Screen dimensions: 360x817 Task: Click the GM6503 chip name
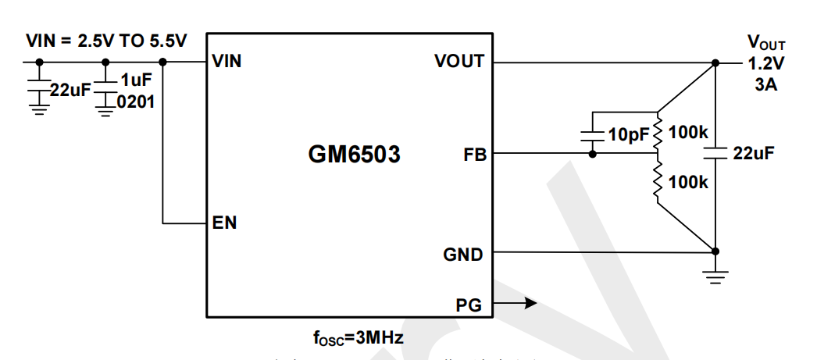354,155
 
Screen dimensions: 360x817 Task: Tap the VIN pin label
227,62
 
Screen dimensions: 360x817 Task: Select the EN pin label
224,223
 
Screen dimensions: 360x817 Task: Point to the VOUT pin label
458,62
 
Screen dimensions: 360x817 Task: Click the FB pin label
474,155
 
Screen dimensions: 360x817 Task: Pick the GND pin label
462,254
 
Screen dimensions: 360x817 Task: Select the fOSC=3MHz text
359,338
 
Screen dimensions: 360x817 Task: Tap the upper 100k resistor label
689,133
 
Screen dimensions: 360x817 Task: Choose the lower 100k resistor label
689,183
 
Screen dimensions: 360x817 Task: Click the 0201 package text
135,100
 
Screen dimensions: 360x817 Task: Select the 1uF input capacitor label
135,79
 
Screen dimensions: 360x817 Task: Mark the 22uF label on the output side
754,154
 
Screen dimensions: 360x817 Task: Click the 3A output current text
765,85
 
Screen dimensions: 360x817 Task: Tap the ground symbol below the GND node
715,275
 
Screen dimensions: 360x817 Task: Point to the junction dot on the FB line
593,155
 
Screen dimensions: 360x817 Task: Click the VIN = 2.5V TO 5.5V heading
106,41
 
